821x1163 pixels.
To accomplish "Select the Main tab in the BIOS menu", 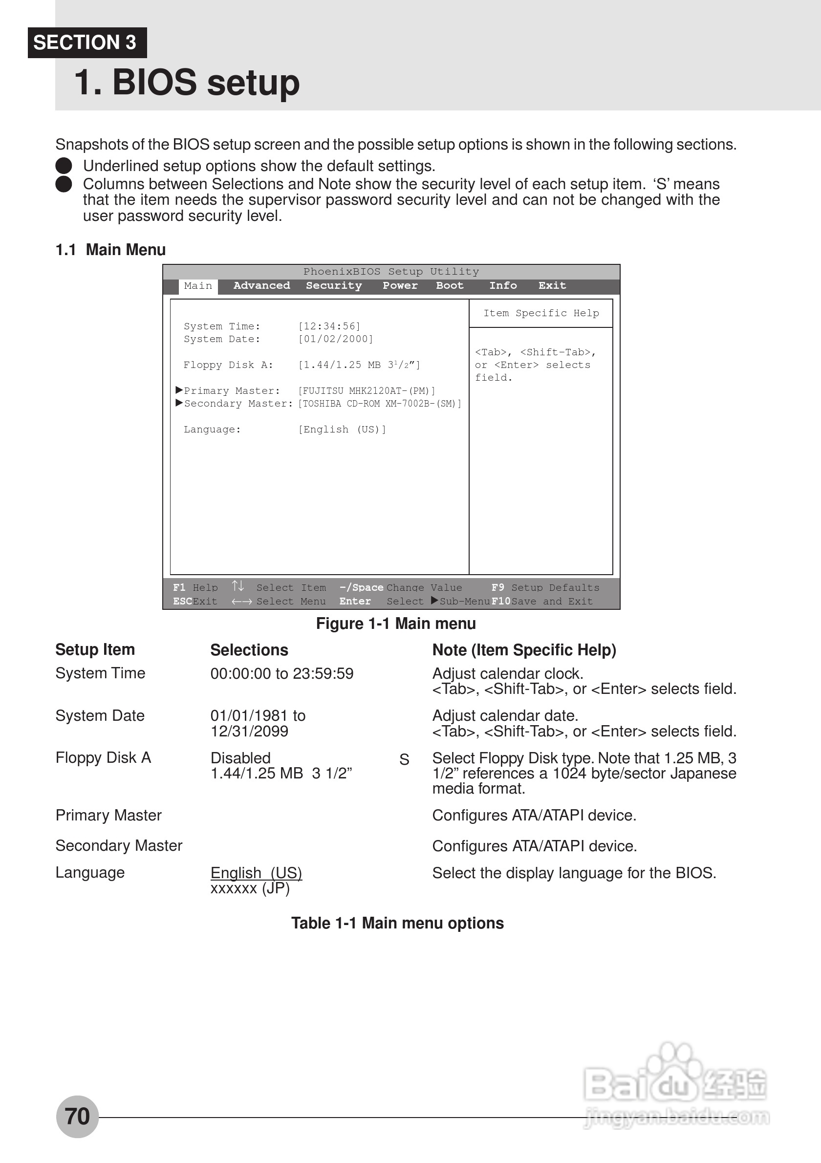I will click(198, 286).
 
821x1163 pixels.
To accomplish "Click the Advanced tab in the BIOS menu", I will click(261, 286).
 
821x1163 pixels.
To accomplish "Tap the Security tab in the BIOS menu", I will click(334, 286).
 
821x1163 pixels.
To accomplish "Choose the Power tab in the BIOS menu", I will click(400, 286).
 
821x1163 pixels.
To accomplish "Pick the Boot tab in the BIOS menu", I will click(450, 286).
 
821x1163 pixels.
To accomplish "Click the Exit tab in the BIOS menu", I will click(552, 286).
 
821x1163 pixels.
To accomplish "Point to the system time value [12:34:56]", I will click(329, 326).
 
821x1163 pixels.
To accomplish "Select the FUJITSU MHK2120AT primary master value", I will click(367, 391).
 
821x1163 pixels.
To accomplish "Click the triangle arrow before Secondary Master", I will click(179, 403).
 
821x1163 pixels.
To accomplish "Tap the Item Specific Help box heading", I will click(541, 314).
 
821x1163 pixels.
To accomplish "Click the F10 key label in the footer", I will click(501, 601).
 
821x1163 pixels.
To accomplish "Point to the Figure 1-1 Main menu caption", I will click(395, 624).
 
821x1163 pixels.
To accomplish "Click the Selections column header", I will click(249, 650).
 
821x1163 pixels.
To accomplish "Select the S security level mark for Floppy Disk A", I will click(404, 760).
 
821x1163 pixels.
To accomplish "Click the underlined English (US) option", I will click(256, 873).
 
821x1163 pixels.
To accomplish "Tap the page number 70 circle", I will click(77, 1117).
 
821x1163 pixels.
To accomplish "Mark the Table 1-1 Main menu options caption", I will click(397, 924).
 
